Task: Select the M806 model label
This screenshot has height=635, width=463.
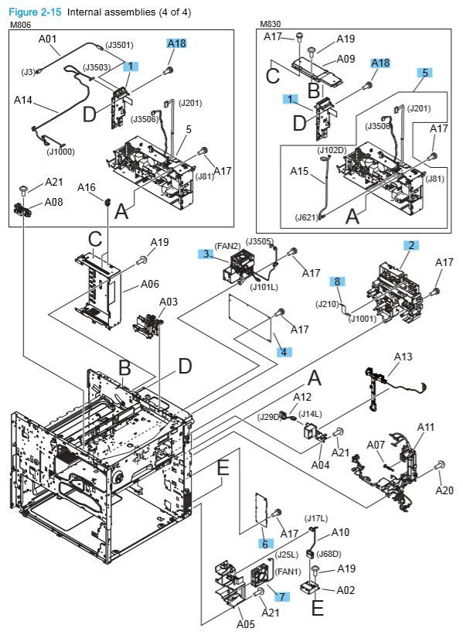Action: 19,26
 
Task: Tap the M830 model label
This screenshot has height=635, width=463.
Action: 272,26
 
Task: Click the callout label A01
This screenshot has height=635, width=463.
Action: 48,39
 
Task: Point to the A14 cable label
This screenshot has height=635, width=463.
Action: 23,100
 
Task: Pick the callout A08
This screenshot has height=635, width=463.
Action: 53,201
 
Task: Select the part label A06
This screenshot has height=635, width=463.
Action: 150,284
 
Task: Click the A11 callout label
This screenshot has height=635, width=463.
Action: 426,426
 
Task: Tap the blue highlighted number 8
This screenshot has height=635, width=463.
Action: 337,281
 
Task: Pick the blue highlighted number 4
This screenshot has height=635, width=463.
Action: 283,352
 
